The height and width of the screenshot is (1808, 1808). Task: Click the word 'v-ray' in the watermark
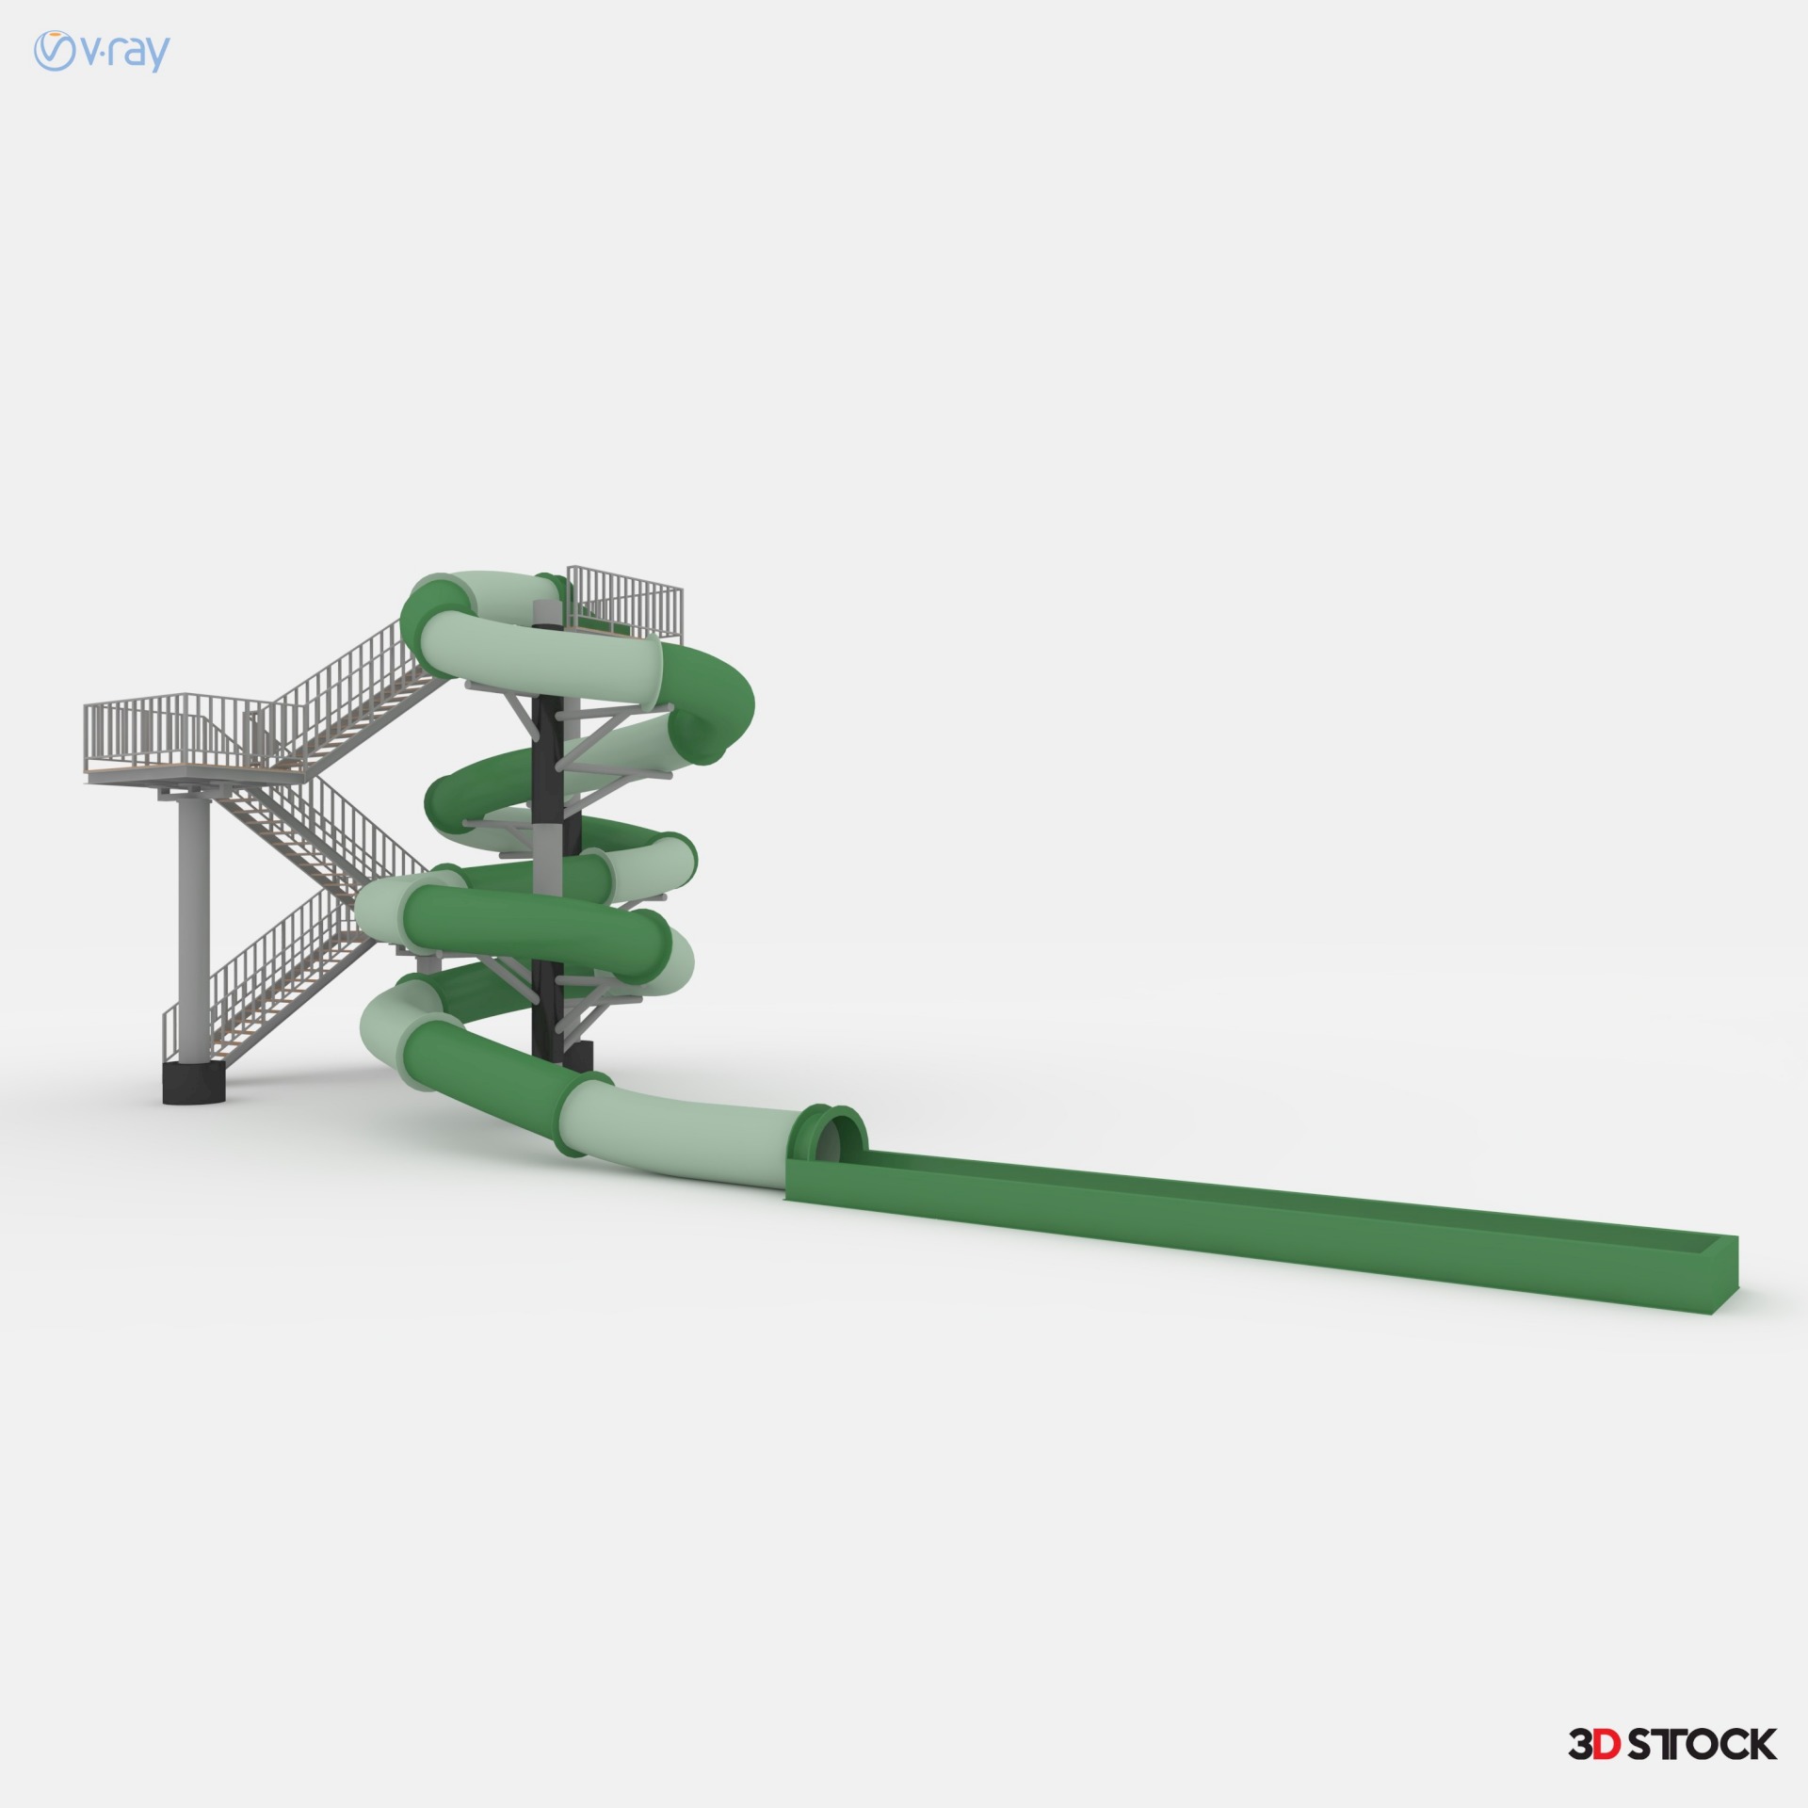[x=124, y=53]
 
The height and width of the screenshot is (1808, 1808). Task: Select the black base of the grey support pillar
[x=195, y=1083]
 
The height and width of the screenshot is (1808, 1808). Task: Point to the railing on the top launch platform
[x=624, y=601]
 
